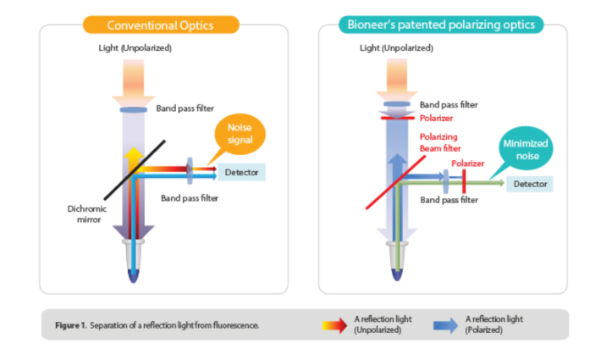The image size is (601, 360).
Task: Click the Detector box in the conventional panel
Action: [242, 172]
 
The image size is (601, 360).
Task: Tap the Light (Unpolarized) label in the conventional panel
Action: [135, 47]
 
